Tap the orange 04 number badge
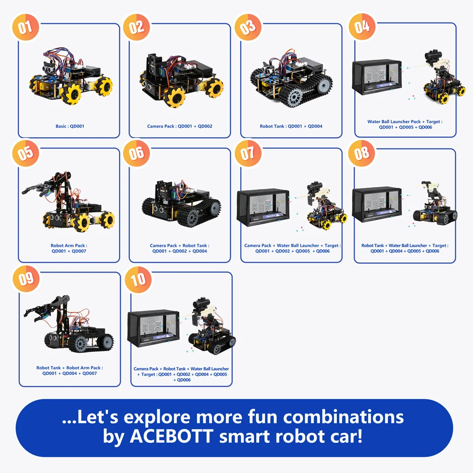click(x=362, y=26)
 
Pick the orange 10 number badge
click(x=138, y=279)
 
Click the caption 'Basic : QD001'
click(x=70, y=127)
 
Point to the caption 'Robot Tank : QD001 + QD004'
click(x=291, y=127)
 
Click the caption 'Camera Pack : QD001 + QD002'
click(x=180, y=127)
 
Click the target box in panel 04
click(x=376, y=78)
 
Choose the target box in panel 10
click(x=153, y=329)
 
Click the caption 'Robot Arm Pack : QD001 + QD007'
click(x=69, y=248)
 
